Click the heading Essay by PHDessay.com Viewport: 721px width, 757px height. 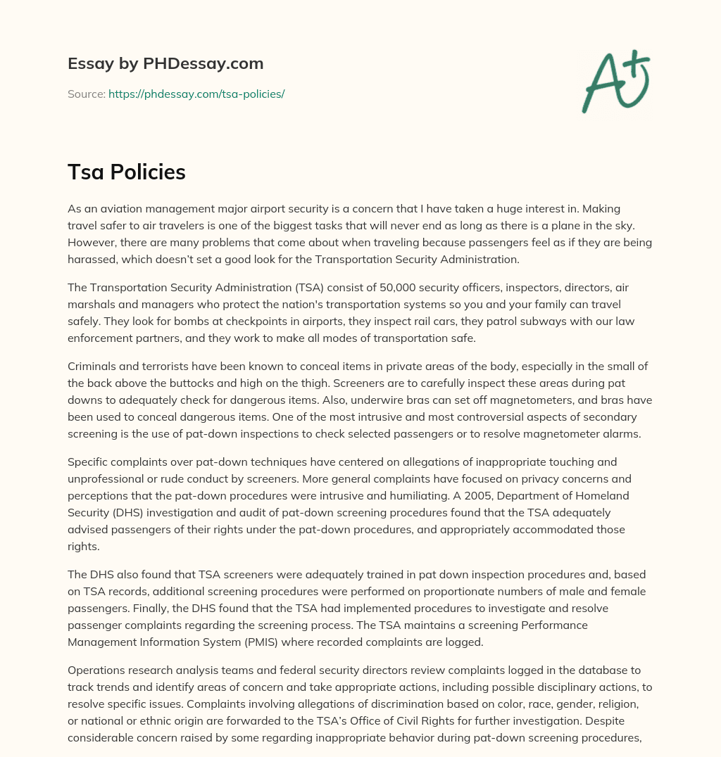pyautogui.click(x=165, y=64)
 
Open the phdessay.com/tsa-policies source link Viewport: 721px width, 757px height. pyautogui.click(x=196, y=94)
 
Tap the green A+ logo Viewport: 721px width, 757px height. pyautogui.click(x=615, y=81)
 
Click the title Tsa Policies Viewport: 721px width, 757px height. pyautogui.click(x=127, y=172)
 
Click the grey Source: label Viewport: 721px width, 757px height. pyautogui.click(x=86, y=94)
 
